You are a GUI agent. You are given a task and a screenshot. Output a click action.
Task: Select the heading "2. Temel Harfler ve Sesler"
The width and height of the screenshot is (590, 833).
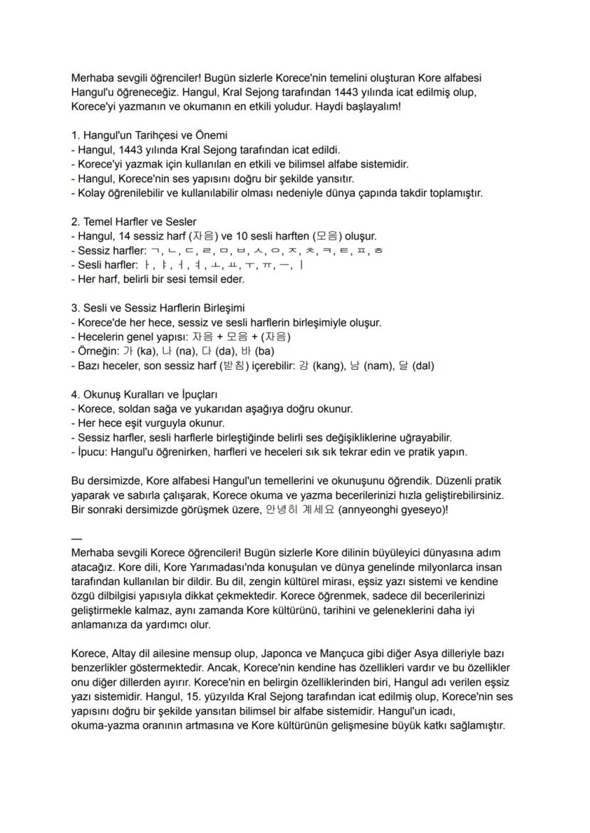134,221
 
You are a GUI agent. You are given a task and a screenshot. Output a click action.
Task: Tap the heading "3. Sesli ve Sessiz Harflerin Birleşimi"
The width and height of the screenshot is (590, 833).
157,308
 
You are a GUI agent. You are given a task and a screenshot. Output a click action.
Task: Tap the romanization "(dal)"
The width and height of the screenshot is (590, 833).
421,366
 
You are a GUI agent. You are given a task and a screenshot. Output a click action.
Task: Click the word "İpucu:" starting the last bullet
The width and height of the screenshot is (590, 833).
95,452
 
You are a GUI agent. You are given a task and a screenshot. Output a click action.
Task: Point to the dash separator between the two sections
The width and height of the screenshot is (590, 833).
76,538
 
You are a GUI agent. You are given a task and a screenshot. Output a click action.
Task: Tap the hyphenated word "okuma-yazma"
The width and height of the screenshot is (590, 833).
103,725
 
